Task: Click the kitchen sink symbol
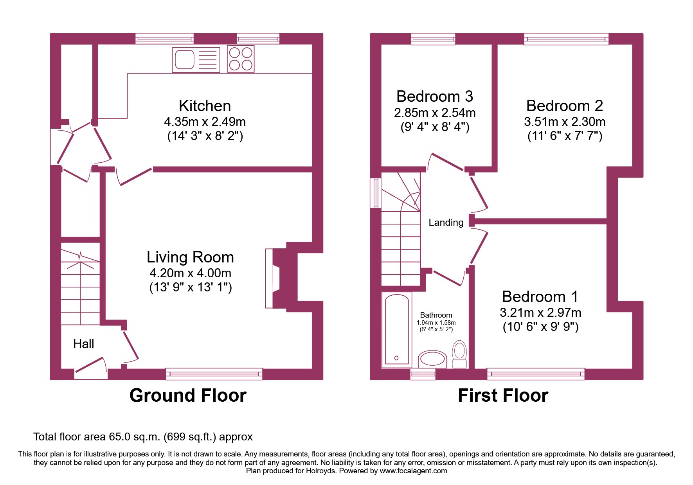click(x=196, y=60)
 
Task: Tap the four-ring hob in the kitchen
click(x=241, y=59)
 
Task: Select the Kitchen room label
click(x=205, y=106)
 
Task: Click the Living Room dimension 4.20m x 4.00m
click(x=190, y=273)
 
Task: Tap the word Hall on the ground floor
click(x=83, y=344)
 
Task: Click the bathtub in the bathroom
click(x=396, y=329)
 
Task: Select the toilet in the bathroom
click(x=459, y=353)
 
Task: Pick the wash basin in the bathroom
click(x=432, y=359)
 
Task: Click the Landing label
click(x=446, y=223)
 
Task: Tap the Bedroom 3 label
click(x=434, y=97)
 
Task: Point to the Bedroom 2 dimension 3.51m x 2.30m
click(x=564, y=122)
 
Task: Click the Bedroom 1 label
click(x=540, y=296)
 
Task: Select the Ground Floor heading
click(x=188, y=395)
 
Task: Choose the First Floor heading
click(x=503, y=395)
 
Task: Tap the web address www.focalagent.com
click(x=413, y=471)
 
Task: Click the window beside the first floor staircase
click(x=376, y=193)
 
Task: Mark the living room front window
click(x=214, y=374)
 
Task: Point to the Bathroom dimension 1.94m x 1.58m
click(x=436, y=323)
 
